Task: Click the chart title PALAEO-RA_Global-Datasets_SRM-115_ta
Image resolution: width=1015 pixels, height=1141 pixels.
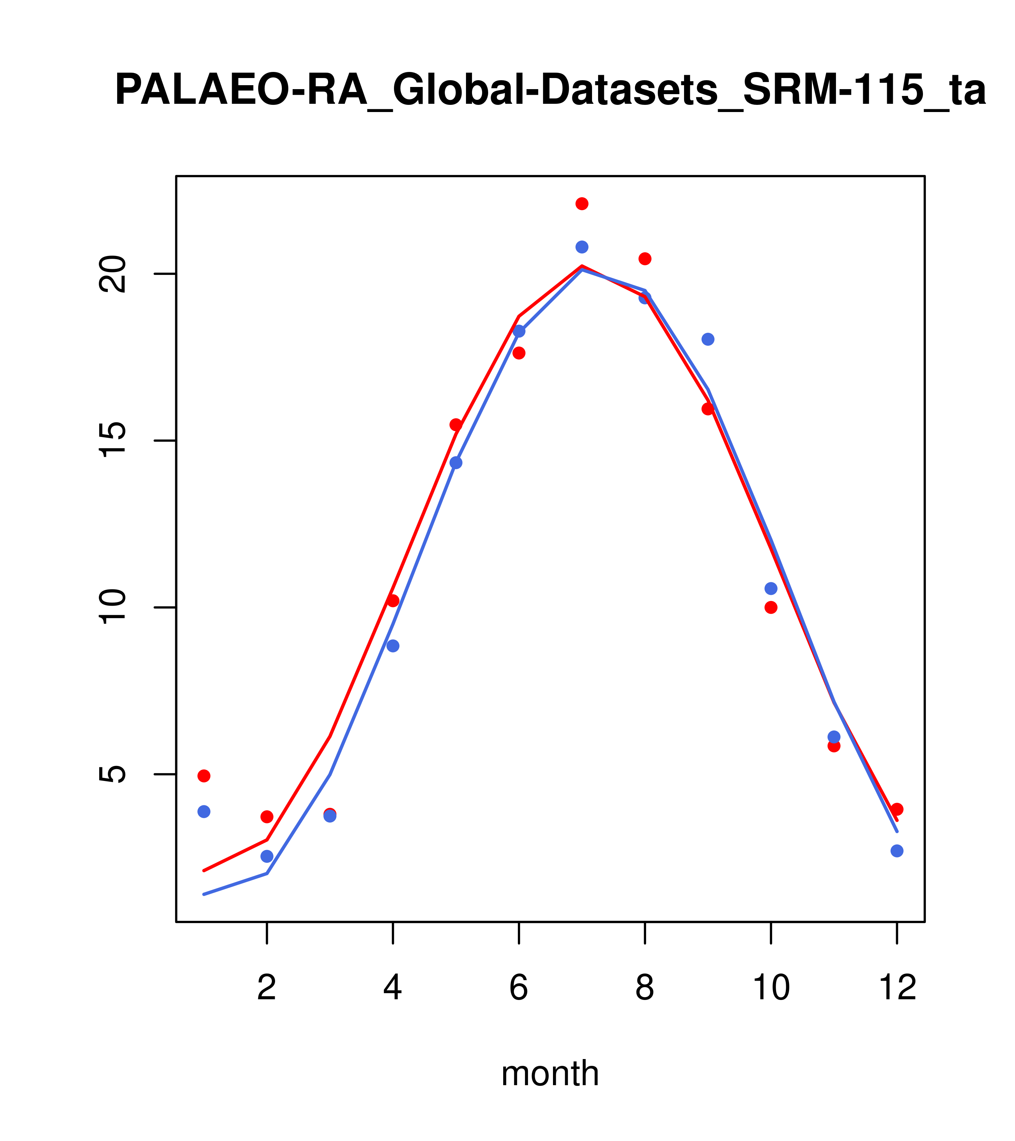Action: [550, 91]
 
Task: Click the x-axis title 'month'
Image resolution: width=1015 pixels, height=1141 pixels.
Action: [550, 1073]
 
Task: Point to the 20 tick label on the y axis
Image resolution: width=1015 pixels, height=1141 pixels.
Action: [112, 274]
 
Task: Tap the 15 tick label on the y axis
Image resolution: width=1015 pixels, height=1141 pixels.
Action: [112, 441]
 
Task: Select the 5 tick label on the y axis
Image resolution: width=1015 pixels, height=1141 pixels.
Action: [112, 774]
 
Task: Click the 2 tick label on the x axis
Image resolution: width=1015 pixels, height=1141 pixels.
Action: [267, 988]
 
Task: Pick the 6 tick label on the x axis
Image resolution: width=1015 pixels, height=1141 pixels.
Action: [519, 988]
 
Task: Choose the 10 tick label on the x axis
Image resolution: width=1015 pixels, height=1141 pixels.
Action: [771, 988]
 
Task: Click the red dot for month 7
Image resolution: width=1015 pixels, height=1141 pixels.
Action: [582, 204]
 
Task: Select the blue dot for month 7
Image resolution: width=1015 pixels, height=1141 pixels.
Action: [582, 247]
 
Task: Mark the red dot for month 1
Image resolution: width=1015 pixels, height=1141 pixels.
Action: [204, 776]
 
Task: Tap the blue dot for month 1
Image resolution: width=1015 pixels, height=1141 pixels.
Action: [204, 812]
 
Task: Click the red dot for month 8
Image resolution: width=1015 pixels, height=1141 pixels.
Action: [645, 258]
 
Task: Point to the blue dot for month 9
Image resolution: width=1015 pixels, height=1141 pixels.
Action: [708, 339]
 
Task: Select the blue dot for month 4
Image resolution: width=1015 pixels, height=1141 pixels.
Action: [393, 646]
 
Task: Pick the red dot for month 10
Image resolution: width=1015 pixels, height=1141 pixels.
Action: [771, 607]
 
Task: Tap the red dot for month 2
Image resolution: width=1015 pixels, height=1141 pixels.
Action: [267, 817]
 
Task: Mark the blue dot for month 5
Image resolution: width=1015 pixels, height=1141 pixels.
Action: [456, 463]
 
